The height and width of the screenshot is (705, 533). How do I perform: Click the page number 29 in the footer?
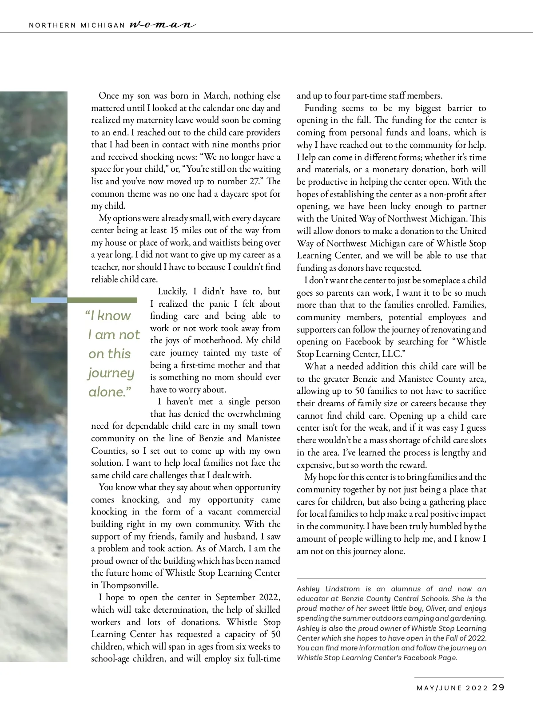coord(498,688)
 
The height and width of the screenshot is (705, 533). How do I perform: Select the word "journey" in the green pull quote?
coord(111,373)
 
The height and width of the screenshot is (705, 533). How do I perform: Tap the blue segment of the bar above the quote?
coord(49,300)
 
